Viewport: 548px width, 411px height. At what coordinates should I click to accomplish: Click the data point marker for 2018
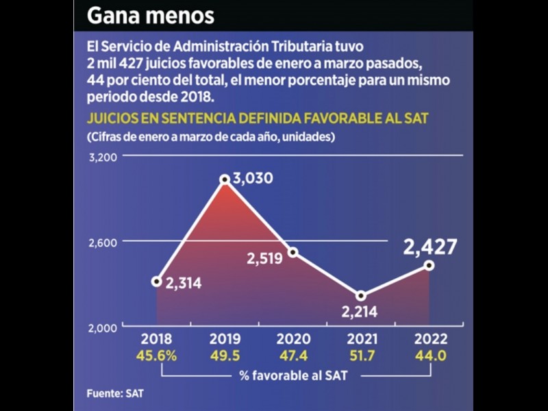tap(157, 281)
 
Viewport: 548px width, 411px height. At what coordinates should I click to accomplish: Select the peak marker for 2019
tap(225, 179)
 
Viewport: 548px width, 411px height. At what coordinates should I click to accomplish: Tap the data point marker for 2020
tap(292, 252)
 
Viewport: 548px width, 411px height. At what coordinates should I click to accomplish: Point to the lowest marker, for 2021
tap(361, 296)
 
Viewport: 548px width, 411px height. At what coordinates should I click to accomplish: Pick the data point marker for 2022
tap(429, 265)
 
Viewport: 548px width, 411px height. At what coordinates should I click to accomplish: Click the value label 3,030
tap(253, 179)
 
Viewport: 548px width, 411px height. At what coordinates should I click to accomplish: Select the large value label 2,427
tap(429, 247)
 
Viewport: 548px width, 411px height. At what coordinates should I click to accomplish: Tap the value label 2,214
tap(362, 314)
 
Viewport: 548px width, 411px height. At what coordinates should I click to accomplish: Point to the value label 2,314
tap(183, 282)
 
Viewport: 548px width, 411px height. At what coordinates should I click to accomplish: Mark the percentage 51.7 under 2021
tap(361, 356)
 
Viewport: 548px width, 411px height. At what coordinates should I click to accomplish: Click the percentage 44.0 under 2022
tap(429, 356)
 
